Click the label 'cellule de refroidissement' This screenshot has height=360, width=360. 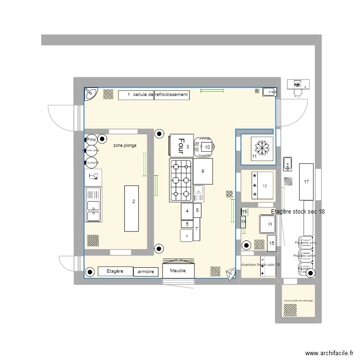tap(160, 95)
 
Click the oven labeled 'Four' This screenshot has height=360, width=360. tap(181, 145)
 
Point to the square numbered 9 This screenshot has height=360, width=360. tap(203, 171)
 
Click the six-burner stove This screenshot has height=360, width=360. tap(180, 180)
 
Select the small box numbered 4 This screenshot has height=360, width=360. tap(187, 211)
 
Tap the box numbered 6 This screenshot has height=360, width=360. tap(187, 235)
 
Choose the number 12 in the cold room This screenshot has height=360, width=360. tap(264, 186)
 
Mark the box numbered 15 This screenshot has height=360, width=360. tap(272, 243)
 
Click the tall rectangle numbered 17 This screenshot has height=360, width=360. tap(306, 182)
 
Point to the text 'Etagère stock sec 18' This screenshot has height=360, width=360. tap(298, 212)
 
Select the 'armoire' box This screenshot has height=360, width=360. tap(145, 272)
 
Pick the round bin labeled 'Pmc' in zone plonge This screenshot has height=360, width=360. tap(91, 139)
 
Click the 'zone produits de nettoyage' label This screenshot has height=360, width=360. tap(298, 300)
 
